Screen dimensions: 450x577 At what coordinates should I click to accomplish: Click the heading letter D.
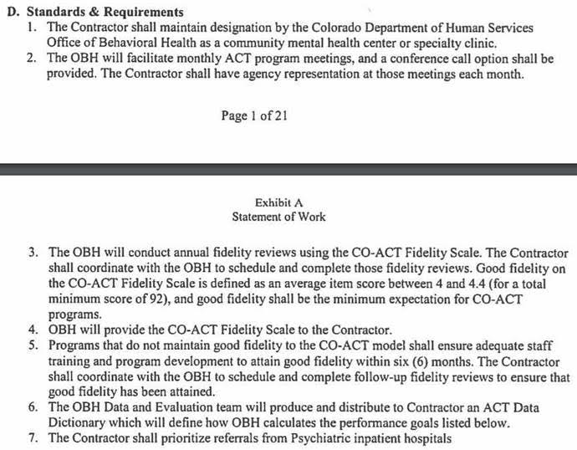pyautogui.click(x=9, y=13)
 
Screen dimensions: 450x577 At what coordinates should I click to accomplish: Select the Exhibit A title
pyautogui.click(x=278, y=202)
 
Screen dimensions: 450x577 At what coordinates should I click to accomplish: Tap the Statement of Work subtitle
pyautogui.click(x=278, y=217)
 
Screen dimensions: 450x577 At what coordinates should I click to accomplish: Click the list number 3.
pyautogui.click(x=33, y=252)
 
